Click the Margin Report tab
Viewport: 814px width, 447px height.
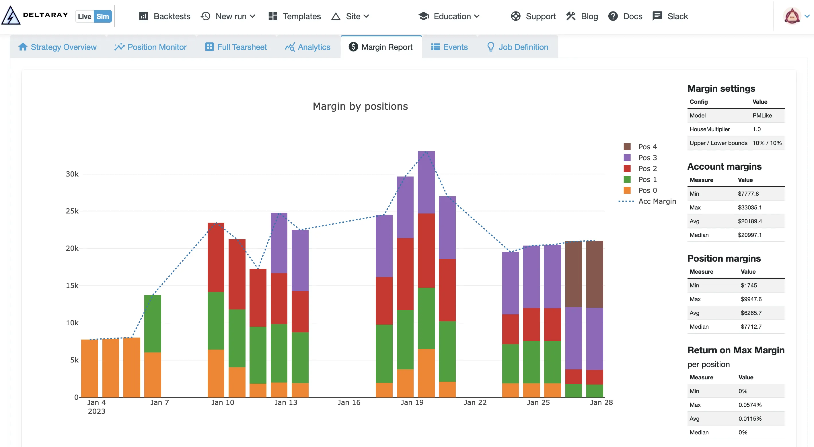[x=381, y=47]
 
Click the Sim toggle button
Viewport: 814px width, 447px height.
[x=102, y=16]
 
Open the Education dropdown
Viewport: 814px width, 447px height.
[x=449, y=16]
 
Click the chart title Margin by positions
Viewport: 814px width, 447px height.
[x=360, y=106]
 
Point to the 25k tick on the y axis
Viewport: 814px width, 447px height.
[x=72, y=211]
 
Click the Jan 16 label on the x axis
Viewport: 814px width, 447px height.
[x=348, y=403]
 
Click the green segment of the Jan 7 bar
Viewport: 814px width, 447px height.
[x=153, y=324]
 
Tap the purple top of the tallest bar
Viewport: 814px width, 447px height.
[x=426, y=182]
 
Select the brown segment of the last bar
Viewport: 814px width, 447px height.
[x=594, y=274]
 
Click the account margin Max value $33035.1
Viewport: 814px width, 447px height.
[x=749, y=207]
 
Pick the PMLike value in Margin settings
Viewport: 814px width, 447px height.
[x=762, y=115]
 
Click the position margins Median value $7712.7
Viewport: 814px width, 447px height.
[x=751, y=327]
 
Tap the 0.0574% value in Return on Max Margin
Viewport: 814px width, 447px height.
[x=749, y=405]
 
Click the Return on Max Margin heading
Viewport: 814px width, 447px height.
[x=736, y=350]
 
